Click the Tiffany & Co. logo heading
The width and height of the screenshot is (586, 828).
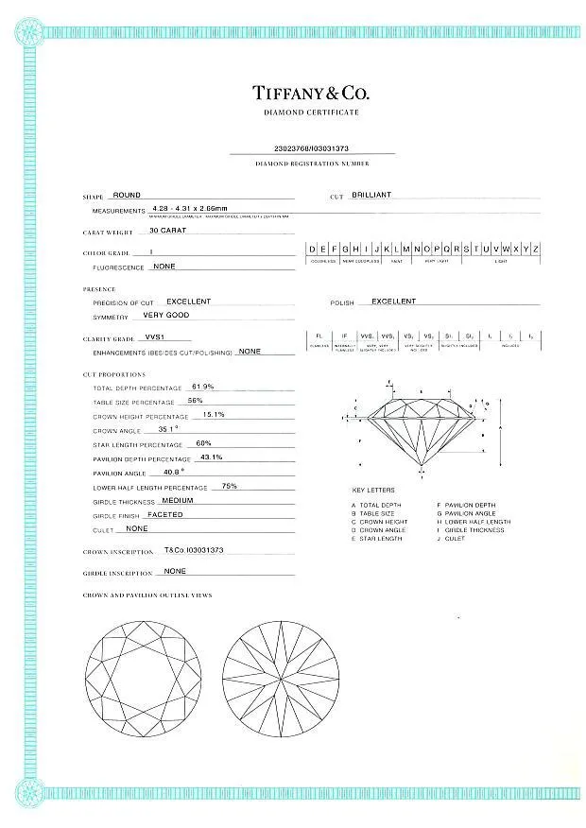pyautogui.click(x=311, y=93)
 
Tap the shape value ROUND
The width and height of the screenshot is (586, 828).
pyautogui.click(x=127, y=196)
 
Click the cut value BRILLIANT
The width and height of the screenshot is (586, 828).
pyautogui.click(x=371, y=195)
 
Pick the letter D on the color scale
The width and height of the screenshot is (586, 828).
pyautogui.click(x=313, y=249)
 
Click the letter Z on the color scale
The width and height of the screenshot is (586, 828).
pyautogui.click(x=536, y=249)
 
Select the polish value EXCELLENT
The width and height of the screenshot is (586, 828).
pyautogui.click(x=393, y=302)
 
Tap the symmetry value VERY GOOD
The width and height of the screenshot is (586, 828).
pyautogui.click(x=165, y=315)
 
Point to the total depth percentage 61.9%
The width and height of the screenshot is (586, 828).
pyautogui.click(x=203, y=387)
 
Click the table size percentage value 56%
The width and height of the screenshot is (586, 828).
pyautogui.click(x=196, y=401)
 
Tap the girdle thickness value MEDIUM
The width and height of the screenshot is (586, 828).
pyautogui.click(x=178, y=500)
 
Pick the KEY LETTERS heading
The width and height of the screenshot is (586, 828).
pyautogui.click(x=373, y=491)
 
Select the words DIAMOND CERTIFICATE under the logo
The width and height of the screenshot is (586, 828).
pyautogui.click(x=311, y=112)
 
